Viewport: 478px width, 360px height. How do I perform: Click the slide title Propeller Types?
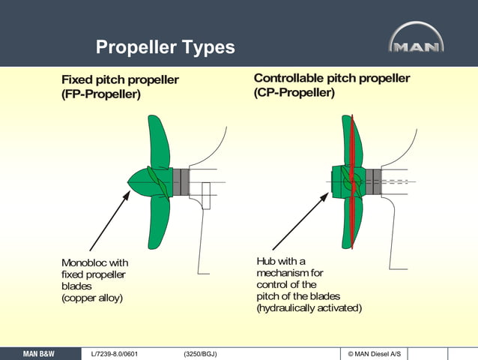click(165, 47)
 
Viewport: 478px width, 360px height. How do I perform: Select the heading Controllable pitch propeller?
click(331, 78)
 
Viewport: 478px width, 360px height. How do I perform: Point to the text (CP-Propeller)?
click(294, 93)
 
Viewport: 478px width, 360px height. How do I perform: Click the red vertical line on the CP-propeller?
click(350, 180)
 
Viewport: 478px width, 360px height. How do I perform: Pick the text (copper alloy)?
click(91, 298)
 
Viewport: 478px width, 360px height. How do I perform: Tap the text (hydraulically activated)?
click(309, 308)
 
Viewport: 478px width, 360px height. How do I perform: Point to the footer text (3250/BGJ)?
click(200, 353)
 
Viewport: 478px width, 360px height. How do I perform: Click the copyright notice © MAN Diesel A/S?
click(375, 353)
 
